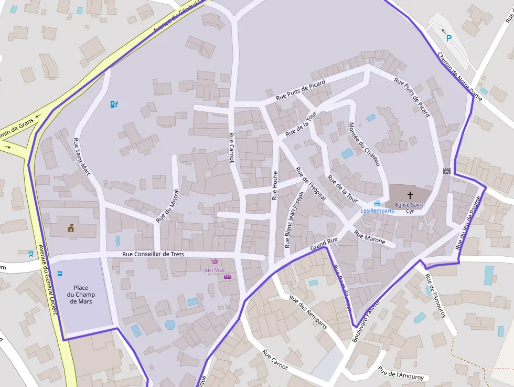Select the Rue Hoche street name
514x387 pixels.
coord(274,186)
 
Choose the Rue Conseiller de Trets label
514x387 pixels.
coord(153,254)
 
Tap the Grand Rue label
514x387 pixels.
coord(324,243)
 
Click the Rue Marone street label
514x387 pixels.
coord(370,237)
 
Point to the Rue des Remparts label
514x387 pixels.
coord(308,312)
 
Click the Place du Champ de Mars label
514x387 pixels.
coord(81,295)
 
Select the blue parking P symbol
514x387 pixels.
coord(448,38)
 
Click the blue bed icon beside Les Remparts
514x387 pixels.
coord(377,203)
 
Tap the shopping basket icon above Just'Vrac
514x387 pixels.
coord(215,262)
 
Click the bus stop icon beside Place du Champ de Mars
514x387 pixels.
coord(60,274)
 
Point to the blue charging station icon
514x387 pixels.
coord(114,104)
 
